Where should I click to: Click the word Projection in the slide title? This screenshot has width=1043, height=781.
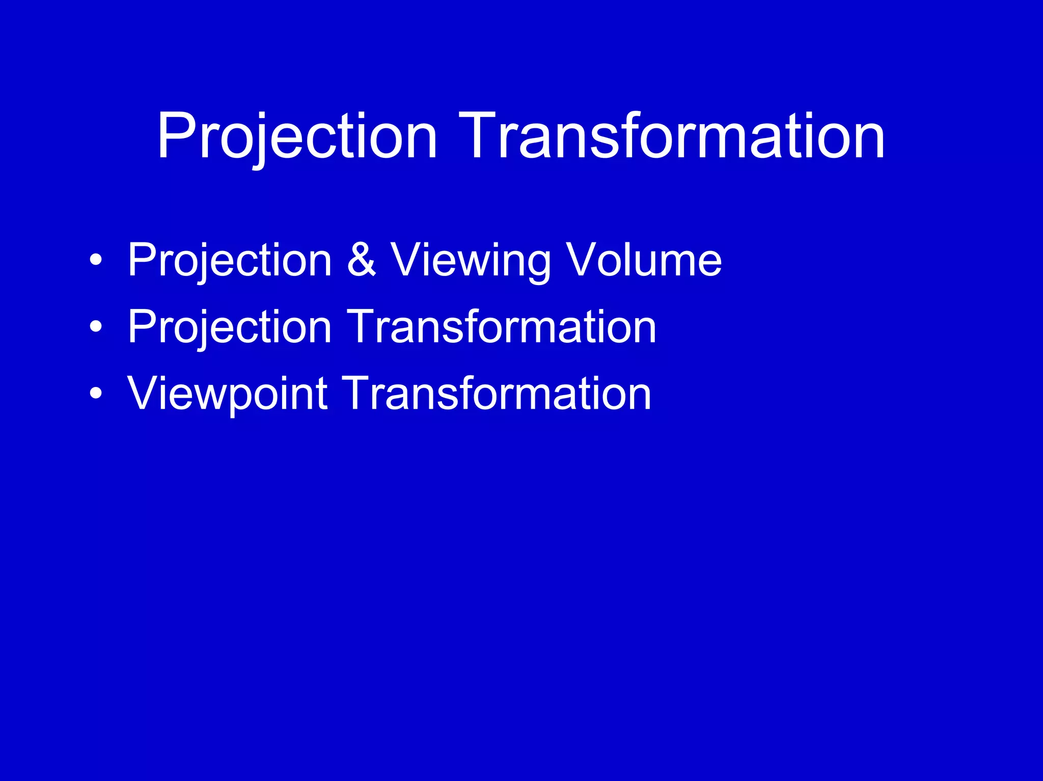point(297,136)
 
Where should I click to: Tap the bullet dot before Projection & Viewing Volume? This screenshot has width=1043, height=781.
point(95,260)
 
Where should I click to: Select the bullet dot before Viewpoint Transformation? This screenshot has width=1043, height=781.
point(95,393)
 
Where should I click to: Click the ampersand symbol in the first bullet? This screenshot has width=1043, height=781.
point(361,260)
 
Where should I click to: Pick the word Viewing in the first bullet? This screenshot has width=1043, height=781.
point(470,260)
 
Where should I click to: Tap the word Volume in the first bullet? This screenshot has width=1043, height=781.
point(644,260)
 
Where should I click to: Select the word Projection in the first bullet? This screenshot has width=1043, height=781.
point(230,260)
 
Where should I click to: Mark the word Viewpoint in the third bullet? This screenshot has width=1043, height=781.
point(227,393)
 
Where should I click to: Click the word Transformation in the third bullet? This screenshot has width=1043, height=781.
point(497,393)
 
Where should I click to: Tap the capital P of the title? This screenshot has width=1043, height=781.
point(176,136)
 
